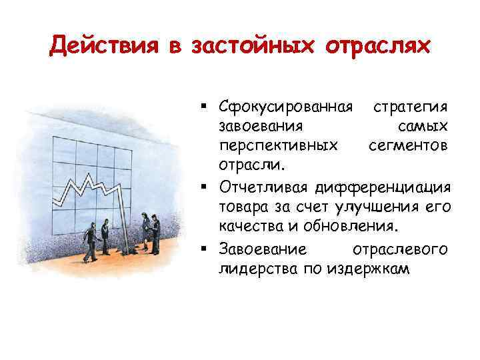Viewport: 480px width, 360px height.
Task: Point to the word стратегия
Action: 410,109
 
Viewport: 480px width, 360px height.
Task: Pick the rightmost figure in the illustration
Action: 154,233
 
